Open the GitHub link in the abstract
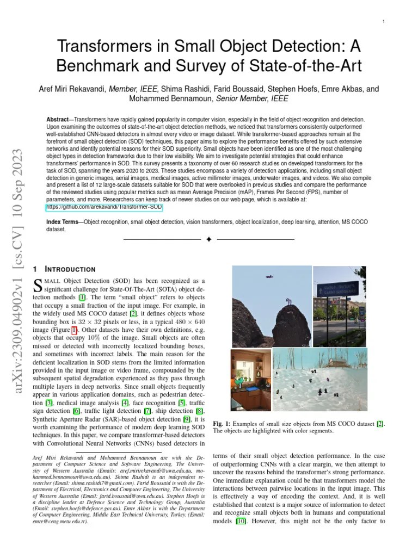[104, 207]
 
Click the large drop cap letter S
[38, 284]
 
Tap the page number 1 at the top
[384, 21]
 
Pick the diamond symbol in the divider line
[208, 239]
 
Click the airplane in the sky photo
[269, 277]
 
